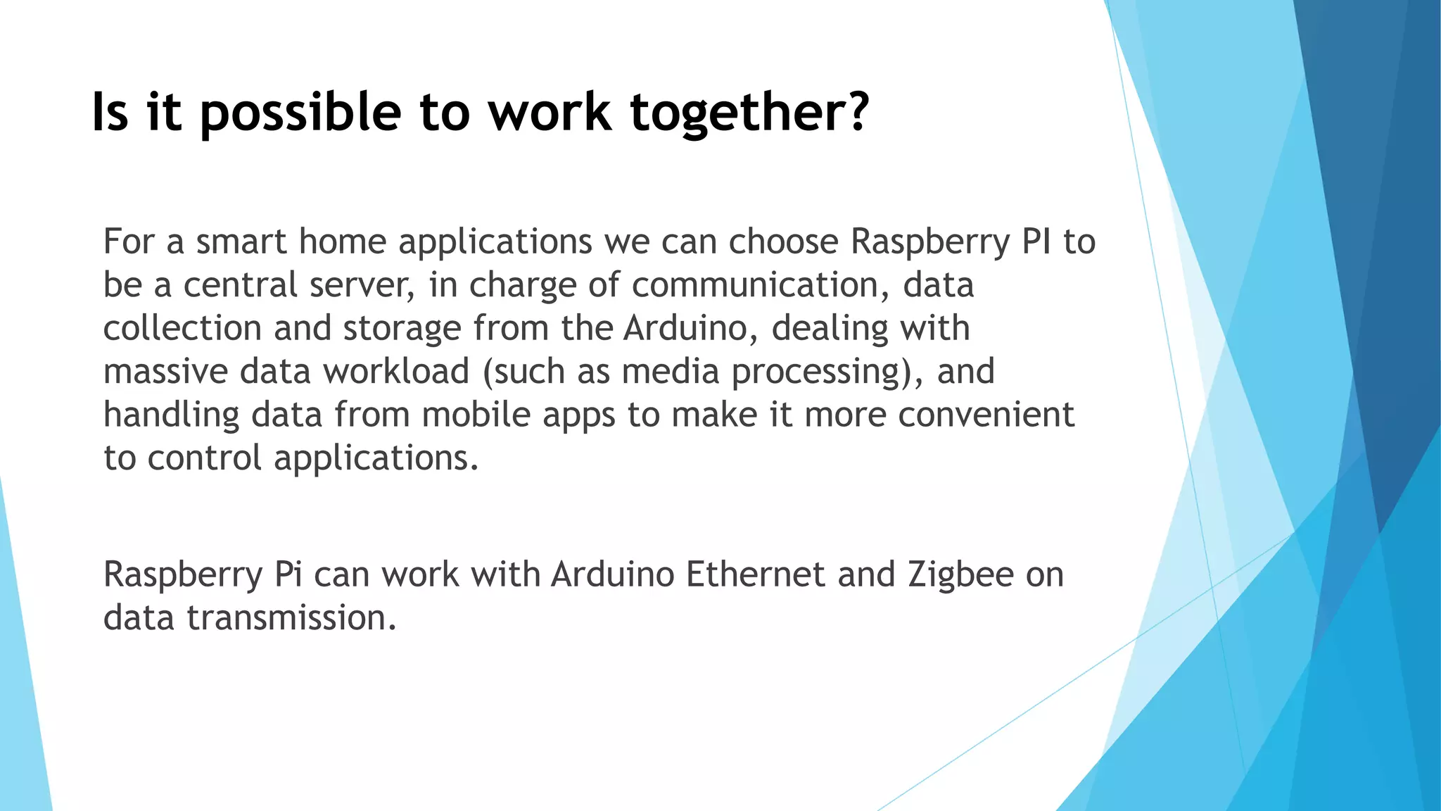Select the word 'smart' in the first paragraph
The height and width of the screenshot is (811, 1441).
241,241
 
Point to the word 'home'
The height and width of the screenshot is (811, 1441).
343,241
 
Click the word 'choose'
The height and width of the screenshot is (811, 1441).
783,241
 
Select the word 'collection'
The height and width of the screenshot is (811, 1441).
183,328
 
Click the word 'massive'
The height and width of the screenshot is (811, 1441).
166,372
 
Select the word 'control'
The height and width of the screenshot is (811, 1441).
205,458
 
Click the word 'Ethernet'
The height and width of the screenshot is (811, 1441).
755,574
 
